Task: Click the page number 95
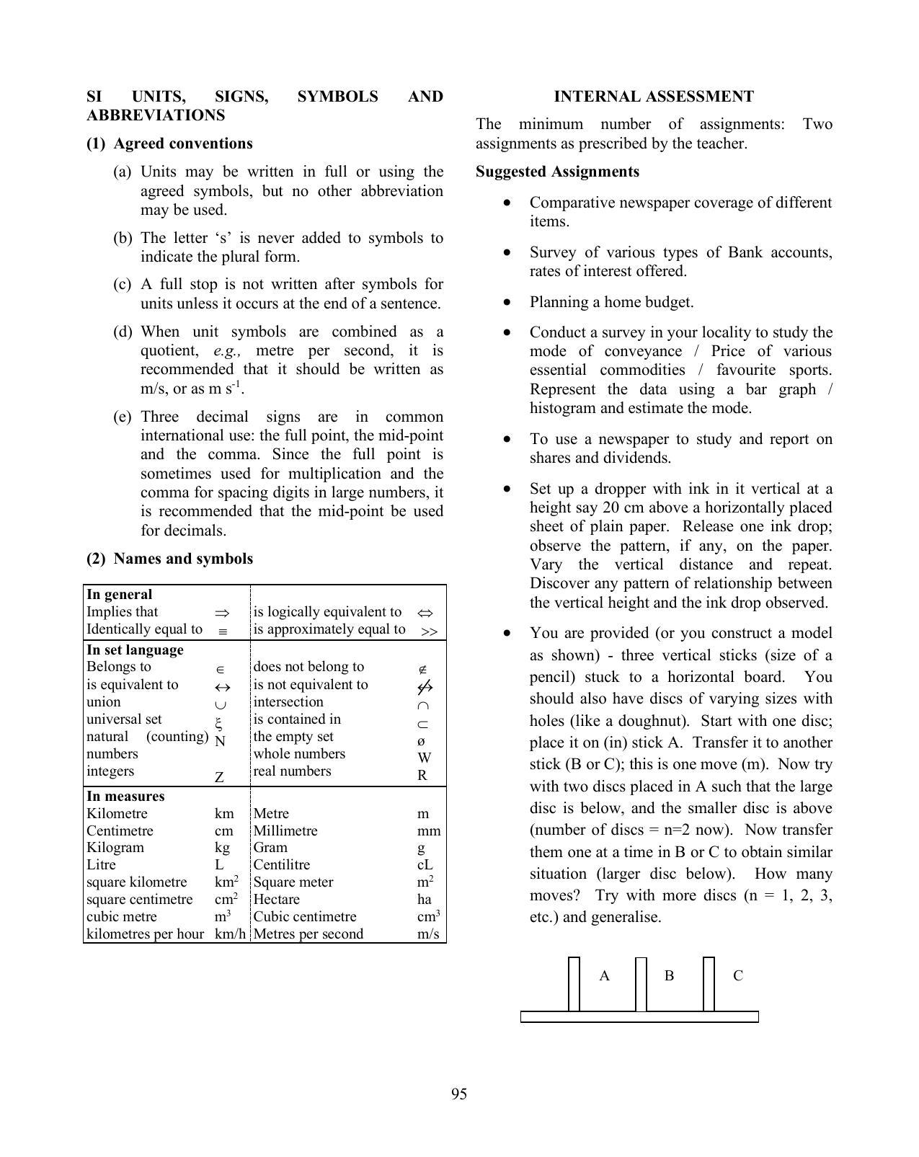(x=459, y=1094)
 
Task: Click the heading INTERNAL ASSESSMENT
(x=653, y=97)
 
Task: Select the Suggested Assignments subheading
(x=557, y=172)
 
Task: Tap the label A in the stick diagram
(x=604, y=976)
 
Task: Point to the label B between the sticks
(x=669, y=976)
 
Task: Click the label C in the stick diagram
(x=737, y=976)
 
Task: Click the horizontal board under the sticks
(x=639, y=1017)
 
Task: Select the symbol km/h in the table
(x=230, y=934)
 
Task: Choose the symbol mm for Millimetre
(x=429, y=830)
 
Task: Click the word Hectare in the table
(x=276, y=900)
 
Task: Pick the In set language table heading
(x=135, y=650)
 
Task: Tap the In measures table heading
(x=125, y=797)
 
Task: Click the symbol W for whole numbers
(x=424, y=758)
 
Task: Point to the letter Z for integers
(x=219, y=777)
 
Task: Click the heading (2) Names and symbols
(x=169, y=559)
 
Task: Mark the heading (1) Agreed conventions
(x=169, y=143)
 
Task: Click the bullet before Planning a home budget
(x=509, y=302)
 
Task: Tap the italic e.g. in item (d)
(x=226, y=351)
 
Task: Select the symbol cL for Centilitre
(x=425, y=865)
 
